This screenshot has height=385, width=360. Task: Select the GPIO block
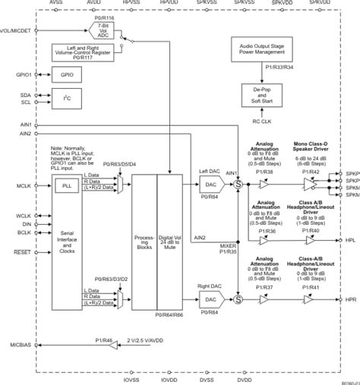(x=67, y=75)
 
